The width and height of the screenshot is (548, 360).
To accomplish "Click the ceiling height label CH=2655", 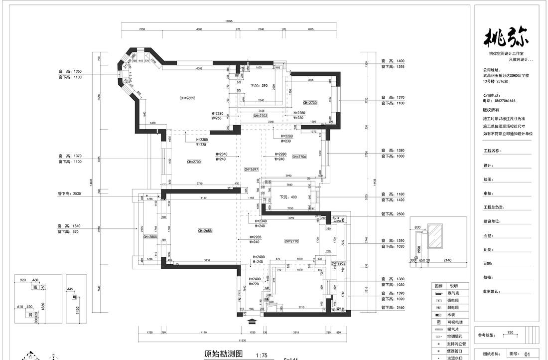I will [187, 98].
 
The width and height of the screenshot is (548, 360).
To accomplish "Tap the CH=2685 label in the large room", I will [205, 230].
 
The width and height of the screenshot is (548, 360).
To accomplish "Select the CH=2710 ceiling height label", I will [291, 241].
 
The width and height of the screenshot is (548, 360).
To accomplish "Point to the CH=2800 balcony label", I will [150, 237].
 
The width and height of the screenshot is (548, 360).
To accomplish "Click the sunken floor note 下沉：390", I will [259, 85].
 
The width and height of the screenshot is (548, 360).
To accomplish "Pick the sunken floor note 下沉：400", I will [287, 197].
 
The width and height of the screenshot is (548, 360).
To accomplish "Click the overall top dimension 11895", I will [229, 21].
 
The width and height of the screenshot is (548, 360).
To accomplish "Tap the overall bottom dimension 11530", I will [242, 340].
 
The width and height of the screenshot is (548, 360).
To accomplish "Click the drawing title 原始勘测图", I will [223, 354].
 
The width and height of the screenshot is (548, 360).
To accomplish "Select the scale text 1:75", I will [262, 356].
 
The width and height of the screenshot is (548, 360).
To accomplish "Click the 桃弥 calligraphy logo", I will [507, 39].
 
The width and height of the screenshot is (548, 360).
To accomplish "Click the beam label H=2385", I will [202, 140].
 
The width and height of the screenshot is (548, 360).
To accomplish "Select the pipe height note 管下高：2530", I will [70, 193].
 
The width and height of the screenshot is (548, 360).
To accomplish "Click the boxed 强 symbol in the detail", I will [35, 287].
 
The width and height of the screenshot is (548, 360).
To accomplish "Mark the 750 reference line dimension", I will [510, 332].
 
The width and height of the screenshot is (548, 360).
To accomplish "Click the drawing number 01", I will [527, 354].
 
